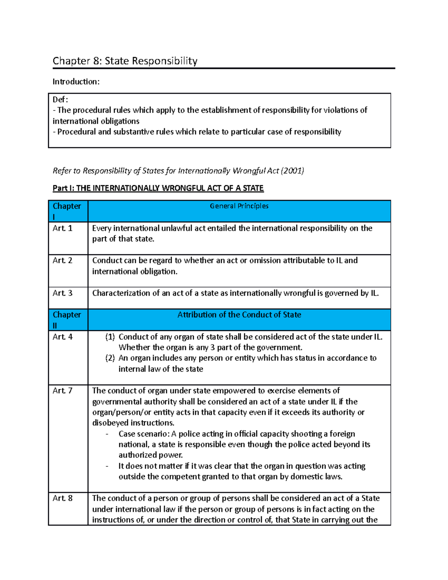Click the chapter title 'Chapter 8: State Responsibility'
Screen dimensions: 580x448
pyautogui.click(x=125, y=61)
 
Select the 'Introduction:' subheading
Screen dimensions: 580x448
pyautogui.click(x=76, y=82)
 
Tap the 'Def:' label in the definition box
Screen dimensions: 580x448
pyautogui.click(x=60, y=99)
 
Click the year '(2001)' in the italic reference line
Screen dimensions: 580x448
pyautogui.click(x=292, y=171)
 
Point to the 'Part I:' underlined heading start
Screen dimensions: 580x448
pyautogui.click(x=63, y=188)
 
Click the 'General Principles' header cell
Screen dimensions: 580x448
pyautogui.click(x=239, y=206)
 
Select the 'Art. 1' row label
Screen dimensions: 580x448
pyautogui.click(x=62, y=228)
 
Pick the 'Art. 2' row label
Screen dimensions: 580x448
pyautogui.click(x=62, y=260)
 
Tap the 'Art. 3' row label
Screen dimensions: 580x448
pyautogui.click(x=62, y=293)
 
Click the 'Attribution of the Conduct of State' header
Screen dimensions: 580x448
pyautogui.click(x=239, y=315)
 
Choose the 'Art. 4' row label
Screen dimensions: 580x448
pyautogui.click(x=62, y=337)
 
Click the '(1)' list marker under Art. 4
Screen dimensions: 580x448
pyautogui.click(x=110, y=337)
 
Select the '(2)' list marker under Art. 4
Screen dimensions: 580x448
pyautogui.click(x=110, y=358)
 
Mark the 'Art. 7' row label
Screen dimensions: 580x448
pyautogui.click(x=62, y=391)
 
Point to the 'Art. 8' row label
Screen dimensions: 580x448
pyautogui.click(x=62, y=498)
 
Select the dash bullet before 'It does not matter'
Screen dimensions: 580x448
pyautogui.click(x=108, y=466)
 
